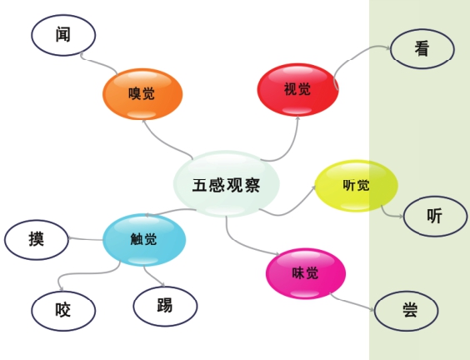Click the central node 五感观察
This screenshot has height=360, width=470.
click(x=227, y=183)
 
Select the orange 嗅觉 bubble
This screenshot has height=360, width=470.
click(x=142, y=94)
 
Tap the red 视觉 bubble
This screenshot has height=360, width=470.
click(x=298, y=90)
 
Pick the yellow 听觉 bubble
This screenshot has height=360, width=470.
click(x=356, y=186)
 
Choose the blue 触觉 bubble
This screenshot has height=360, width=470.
click(x=144, y=239)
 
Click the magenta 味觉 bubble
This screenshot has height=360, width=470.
click(x=306, y=273)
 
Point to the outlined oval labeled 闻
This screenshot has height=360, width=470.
click(x=63, y=35)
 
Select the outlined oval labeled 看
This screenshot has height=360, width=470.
click(x=422, y=49)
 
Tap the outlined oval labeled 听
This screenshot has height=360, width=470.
click(x=435, y=216)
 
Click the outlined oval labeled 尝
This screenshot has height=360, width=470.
click(x=407, y=311)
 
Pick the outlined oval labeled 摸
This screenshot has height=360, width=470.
click(x=37, y=240)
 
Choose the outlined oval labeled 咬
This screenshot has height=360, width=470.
click(x=63, y=311)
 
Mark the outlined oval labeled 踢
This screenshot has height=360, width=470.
click(x=166, y=307)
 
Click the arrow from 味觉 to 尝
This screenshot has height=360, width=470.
click(x=352, y=302)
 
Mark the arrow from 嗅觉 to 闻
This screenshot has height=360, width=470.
click(x=96, y=62)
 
